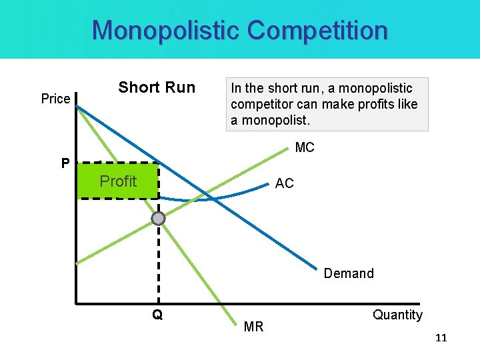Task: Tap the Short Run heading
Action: [x=157, y=87]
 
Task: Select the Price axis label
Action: [x=55, y=99]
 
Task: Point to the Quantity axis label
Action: [x=397, y=315]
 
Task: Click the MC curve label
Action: [x=304, y=148]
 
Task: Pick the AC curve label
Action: [x=284, y=183]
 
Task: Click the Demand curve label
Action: [x=349, y=273]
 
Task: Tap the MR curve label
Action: [x=254, y=327]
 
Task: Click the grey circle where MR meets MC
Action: [x=158, y=219]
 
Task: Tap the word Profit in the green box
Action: [x=118, y=181]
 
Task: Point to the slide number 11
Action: [x=441, y=338]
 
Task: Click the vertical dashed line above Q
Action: [x=158, y=267]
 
